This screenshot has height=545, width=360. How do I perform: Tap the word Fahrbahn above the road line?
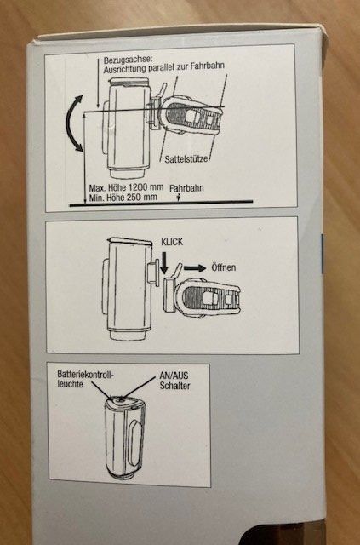(186, 188)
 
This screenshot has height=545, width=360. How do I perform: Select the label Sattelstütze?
(186, 159)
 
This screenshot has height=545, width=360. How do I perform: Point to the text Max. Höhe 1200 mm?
(126, 187)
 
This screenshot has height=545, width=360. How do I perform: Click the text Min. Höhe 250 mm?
(123, 198)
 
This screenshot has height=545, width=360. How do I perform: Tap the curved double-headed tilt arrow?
(70, 123)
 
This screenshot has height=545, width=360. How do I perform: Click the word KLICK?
(172, 242)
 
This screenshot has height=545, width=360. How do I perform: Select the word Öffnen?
(224, 267)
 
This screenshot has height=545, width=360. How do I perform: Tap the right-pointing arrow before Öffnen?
(195, 268)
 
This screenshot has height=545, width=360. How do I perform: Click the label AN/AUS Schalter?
(174, 381)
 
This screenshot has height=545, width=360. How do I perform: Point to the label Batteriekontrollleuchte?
(85, 379)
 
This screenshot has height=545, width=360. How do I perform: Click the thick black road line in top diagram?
(161, 204)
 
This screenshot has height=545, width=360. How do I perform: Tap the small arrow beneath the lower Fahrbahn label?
(178, 197)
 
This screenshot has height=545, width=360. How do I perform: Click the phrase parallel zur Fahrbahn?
(186, 66)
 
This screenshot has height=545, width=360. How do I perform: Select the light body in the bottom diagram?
(125, 439)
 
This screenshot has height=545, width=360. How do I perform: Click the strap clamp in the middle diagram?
(202, 297)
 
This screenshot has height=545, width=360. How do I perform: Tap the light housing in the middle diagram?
(128, 289)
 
